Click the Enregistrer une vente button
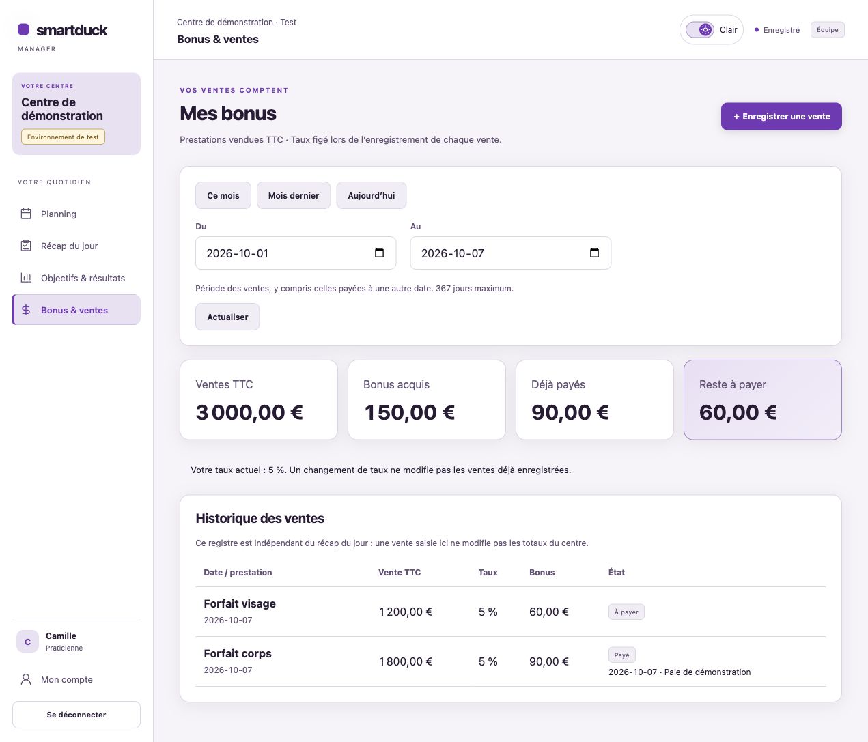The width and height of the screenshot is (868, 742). coord(781,116)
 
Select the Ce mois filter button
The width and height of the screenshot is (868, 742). coord(223,195)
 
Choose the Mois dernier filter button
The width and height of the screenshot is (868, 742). coord(294,195)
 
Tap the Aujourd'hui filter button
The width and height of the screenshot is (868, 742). coord(372,195)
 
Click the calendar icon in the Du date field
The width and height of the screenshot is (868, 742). coord(379,253)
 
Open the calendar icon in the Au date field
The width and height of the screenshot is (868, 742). coord(594,253)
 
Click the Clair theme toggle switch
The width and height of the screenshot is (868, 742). coord(699,30)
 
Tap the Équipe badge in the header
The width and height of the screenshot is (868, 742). coord(827,30)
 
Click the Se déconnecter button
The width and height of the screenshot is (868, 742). coord(76,714)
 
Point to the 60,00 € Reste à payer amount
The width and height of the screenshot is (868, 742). coord(738,412)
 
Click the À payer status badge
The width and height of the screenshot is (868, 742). coord(626,612)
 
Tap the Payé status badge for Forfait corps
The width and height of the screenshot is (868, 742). coord(621,655)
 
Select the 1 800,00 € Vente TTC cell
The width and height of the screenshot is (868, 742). coord(405,661)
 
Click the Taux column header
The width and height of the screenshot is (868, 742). coord(488,572)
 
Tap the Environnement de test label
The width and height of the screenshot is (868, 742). coord(63,137)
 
